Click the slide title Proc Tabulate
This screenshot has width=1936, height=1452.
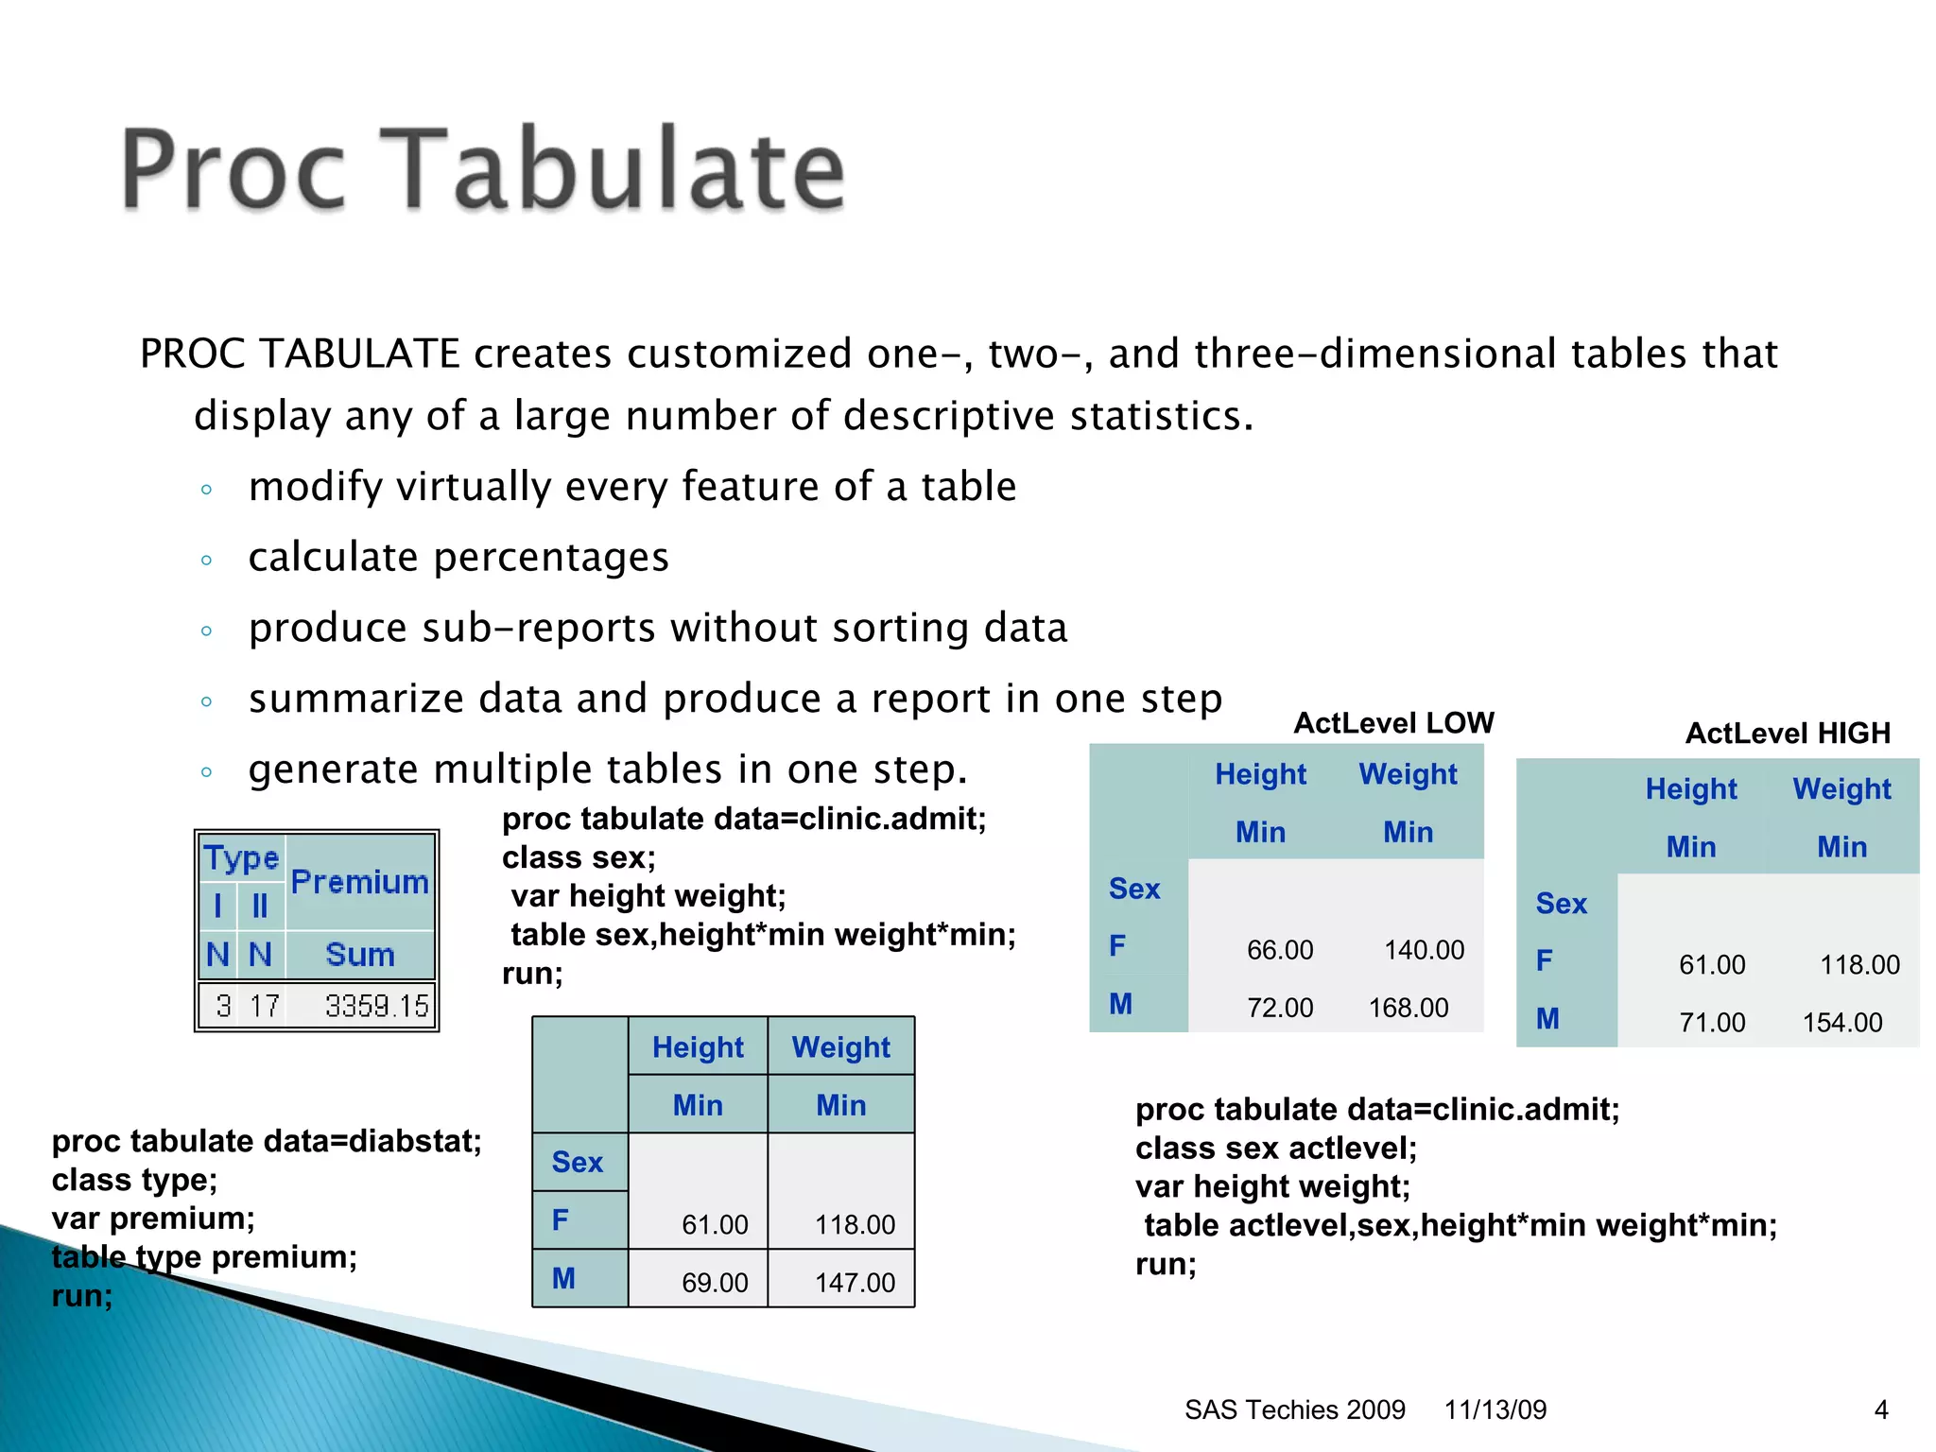[482, 169]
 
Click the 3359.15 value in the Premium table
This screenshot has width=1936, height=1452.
[376, 1006]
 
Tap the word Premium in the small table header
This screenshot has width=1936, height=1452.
[359, 882]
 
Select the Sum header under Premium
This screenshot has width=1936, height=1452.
[359, 955]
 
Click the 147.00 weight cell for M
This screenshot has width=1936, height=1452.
[855, 1283]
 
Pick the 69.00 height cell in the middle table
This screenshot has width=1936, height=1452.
[715, 1283]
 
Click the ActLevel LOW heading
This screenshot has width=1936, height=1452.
[1393, 723]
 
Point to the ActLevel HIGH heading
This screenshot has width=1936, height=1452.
[1788, 734]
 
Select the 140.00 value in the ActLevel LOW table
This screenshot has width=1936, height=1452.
[1424, 950]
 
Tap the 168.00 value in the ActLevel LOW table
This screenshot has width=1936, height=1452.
[1409, 1008]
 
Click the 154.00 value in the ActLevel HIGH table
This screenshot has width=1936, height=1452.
[1842, 1023]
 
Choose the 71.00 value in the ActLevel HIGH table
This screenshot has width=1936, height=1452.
[1712, 1023]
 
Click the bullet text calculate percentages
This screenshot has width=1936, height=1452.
[458, 558]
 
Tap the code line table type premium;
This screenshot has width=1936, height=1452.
[204, 1257]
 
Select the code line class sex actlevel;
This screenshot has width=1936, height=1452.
[1276, 1149]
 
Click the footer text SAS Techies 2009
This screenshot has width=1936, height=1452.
[1294, 1409]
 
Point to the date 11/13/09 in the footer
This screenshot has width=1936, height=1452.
[1495, 1409]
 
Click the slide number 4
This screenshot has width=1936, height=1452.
[1881, 1409]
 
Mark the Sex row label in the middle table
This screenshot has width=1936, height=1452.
[577, 1162]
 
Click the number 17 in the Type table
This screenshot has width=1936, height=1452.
[264, 1006]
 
